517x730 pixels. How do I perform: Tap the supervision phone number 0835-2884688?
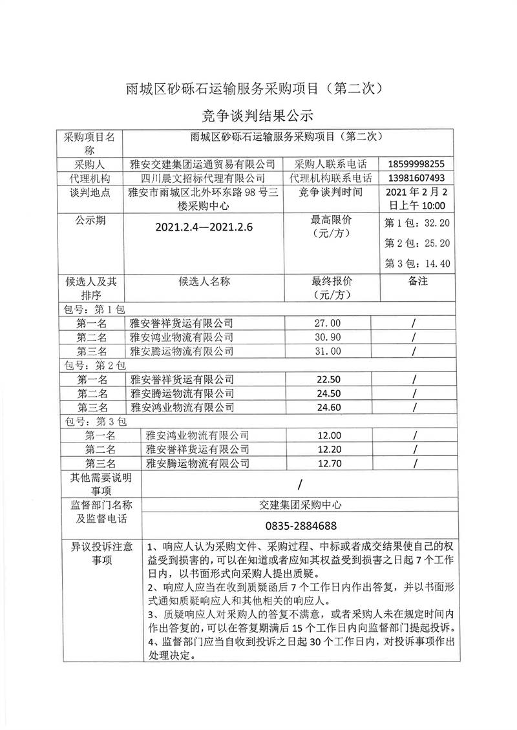point(301,525)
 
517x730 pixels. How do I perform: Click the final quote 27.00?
point(326,323)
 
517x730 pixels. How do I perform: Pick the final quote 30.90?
point(326,337)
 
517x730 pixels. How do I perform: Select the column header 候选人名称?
point(203,282)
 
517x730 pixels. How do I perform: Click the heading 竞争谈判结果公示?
point(258,116)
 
